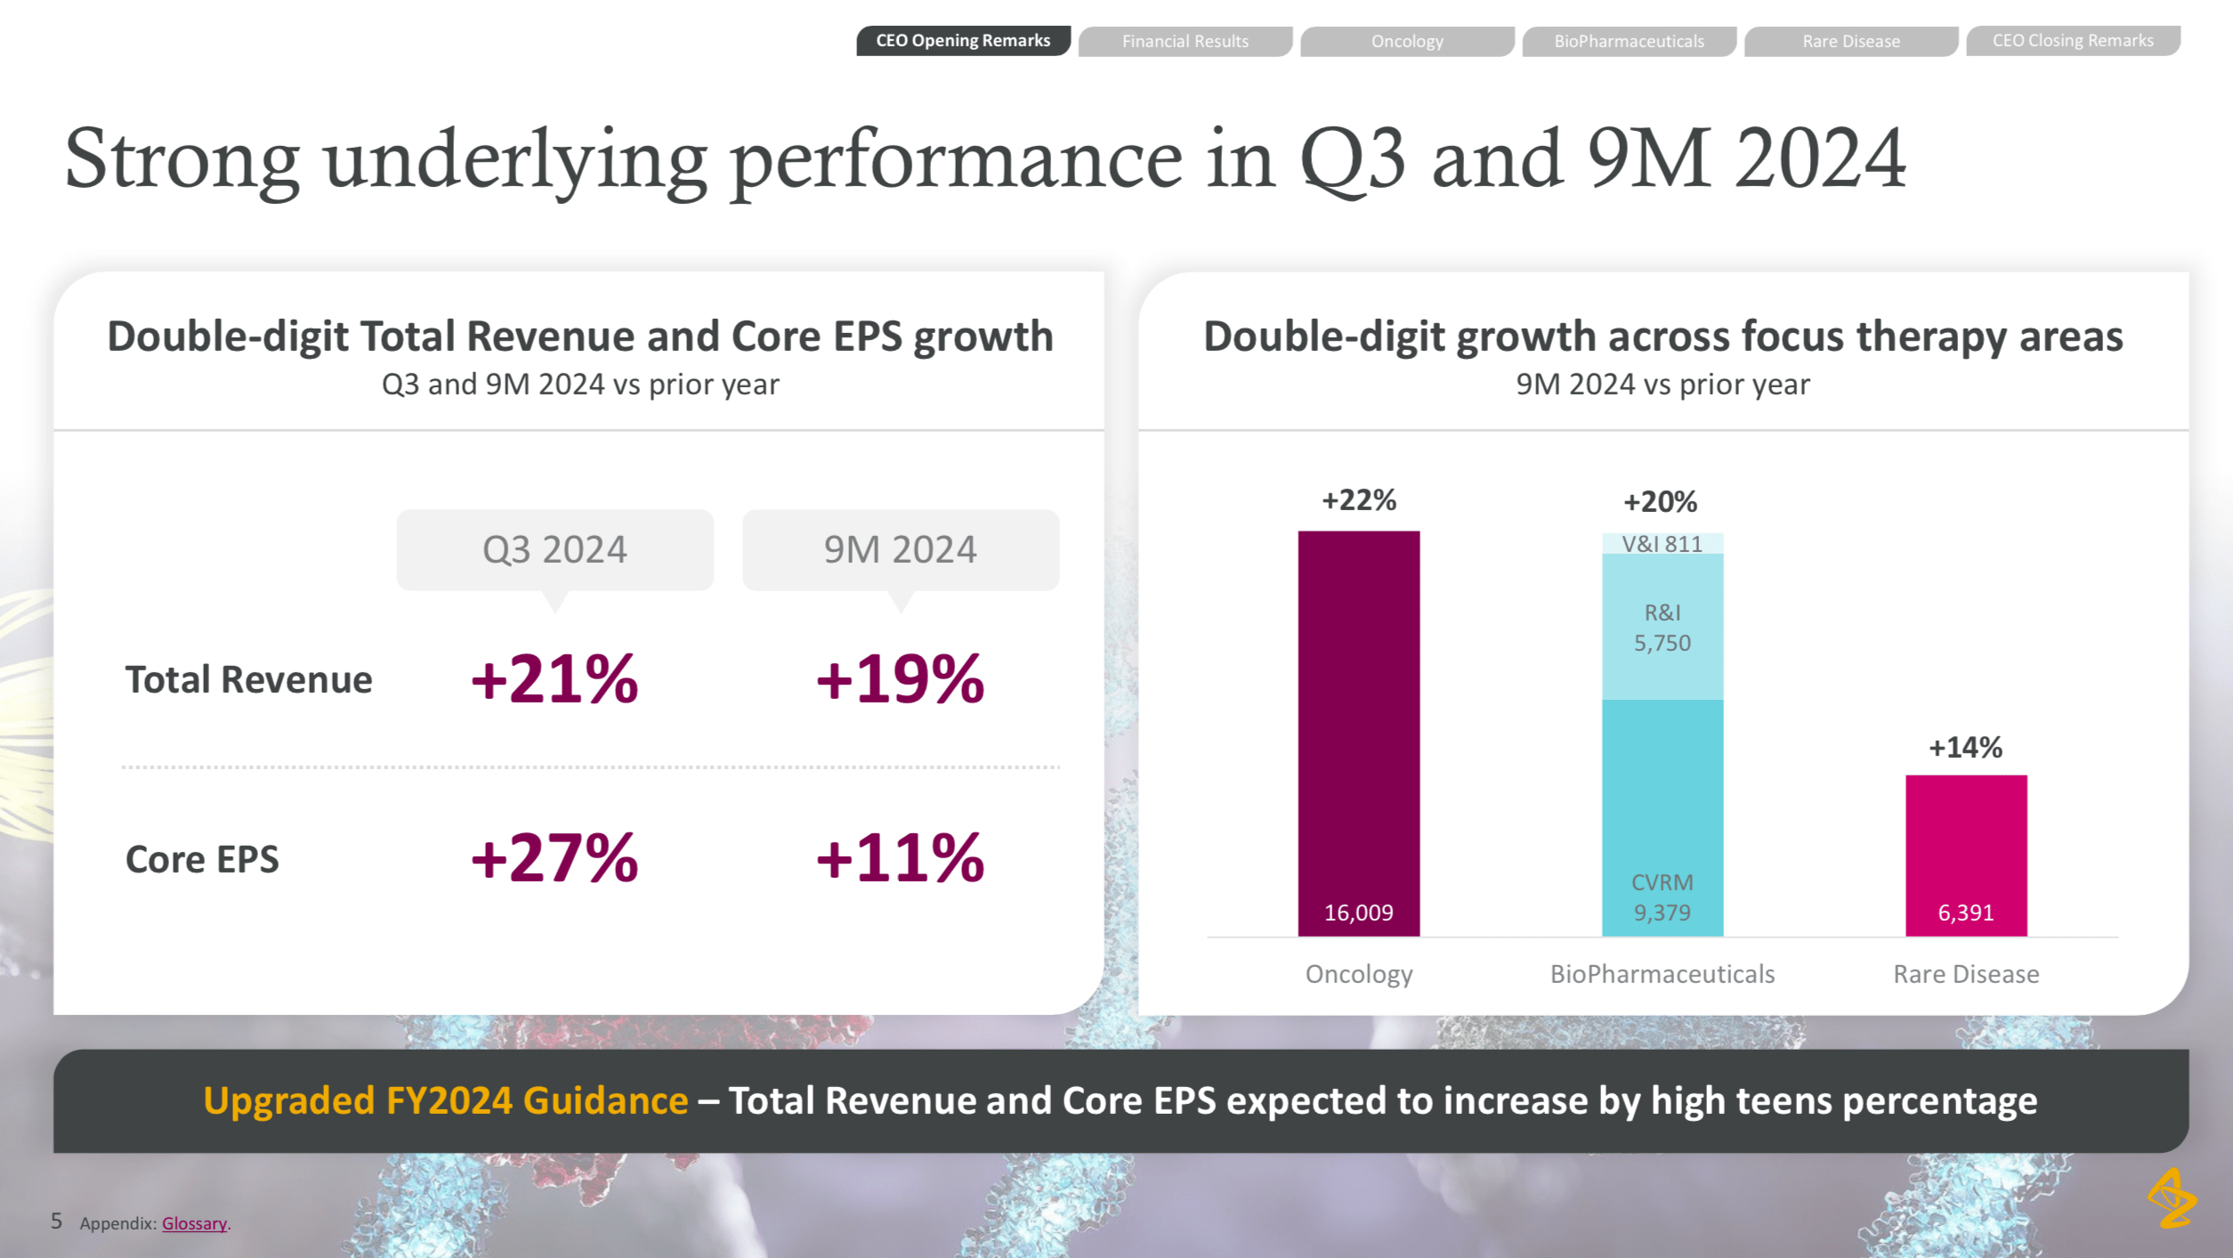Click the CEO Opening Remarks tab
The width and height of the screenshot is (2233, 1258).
pyautogui.click(x=963, y=41)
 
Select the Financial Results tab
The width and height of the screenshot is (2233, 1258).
pyautogui.click(x=1185, y=42)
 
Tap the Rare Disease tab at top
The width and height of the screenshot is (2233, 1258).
pyautogui.click(x=1850, y=42)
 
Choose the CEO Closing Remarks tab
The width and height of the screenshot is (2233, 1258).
pyautogui.click(x=2072, y=41)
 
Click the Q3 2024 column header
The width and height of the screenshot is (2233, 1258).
pyautogui.click(x=554, y=549)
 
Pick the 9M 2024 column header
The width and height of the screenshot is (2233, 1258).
pyautogui.click(x=900, y=549)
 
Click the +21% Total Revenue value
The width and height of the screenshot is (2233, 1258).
pyautogui.click(x=554, y=679)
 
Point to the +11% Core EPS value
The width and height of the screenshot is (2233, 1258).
pyautogui.click(x=900, y=858)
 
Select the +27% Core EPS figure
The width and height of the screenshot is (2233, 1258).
pyautogui.click(x=554, y=858)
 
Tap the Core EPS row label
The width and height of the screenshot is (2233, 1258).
pyautogui.click(x=202, y=860)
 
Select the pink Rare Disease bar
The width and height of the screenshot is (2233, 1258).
pyautogui.click(x=1965, y=846)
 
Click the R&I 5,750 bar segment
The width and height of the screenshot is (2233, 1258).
pyautogui.click(x=1662, y=627)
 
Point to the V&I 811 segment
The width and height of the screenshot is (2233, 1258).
pyautogui.click(x=1662, y=544)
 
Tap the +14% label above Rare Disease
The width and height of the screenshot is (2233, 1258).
pyautogui.click(x=1965, y=747)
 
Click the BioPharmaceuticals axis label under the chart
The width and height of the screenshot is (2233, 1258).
pyautogui.click(x=1662, y=974)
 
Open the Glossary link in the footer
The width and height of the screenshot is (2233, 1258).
pyautogui.click(x=194, y=1223)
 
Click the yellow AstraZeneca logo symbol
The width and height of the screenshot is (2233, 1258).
pyautogui.click(x=2172, y=1198)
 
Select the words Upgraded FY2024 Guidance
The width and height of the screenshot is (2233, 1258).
pyautogui.click(x=445, y=1101)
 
